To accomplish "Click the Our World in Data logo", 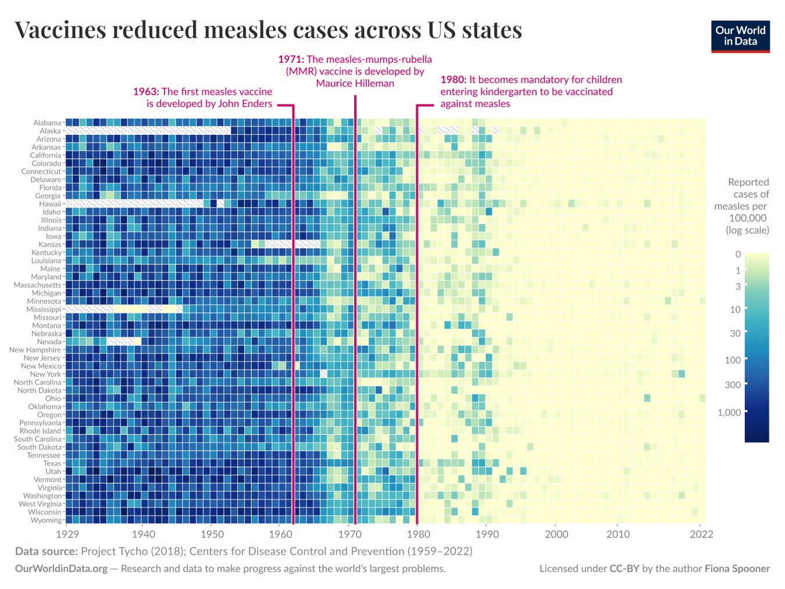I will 740,36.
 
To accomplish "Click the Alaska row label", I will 50,131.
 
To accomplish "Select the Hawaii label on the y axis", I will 49,204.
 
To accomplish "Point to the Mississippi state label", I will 44,309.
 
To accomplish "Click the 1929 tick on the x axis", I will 67,534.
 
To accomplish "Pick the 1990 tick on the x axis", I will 487,534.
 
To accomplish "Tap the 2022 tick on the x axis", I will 701,534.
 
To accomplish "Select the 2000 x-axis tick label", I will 556,534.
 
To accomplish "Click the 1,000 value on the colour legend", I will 729,412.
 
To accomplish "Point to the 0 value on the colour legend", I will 738,254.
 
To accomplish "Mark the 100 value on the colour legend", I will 733,360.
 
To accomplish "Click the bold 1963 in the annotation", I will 145,91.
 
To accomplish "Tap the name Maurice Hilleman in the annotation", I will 355,83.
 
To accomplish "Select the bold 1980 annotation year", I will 453,80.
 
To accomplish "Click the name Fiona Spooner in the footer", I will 737,569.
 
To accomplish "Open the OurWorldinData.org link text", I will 61,569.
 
